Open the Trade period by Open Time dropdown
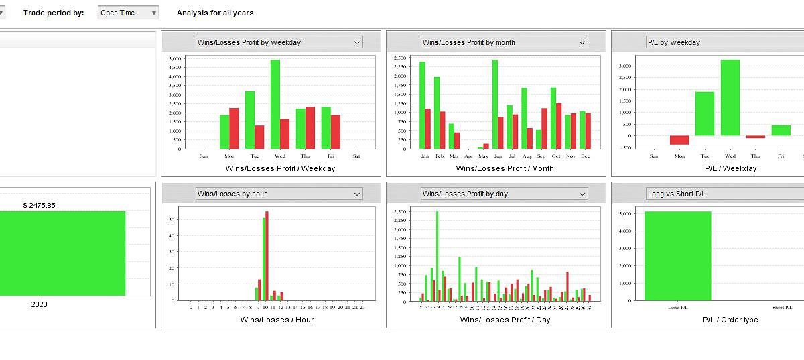(x=128, y=13)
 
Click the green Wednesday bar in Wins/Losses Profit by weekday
(x=275, y=105)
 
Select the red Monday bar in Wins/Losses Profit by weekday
(x=234, y=128)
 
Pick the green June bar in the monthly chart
(x=495, y=105)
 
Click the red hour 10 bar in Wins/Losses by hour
(x=267, y=255)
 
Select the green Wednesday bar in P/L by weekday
(x=730, y=98)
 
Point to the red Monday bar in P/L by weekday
(x=679, y=140)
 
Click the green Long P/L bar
(x=677, y=255)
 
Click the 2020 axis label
(x=40, y=304)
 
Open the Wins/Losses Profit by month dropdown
(x=505, y=42)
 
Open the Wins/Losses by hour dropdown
(x=279, y=194)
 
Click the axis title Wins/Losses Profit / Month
(x=505, y=168)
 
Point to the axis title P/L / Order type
(x=730, y=320)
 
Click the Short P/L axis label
(x=783, y=308)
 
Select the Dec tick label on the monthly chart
(x=586, y=156)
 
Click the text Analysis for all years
(x=215, y=13)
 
